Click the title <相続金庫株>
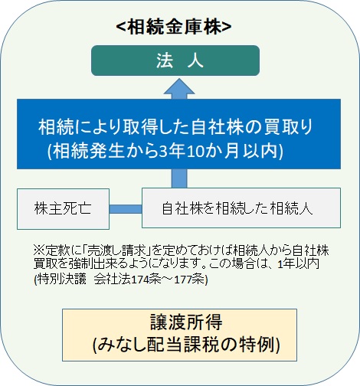point(174,27)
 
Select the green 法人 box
point(175,61)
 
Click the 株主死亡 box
point(63,209)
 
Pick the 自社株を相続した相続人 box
point(241,208)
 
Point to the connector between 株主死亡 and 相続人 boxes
point(126,209)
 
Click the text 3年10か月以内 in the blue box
point(221,151)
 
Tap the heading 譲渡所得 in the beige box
point(186,322)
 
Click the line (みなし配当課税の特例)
point(186,345)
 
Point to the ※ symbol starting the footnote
point(39,251)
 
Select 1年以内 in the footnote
point(299,264)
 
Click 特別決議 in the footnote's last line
point(62,280)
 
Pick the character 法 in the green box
point(165,61)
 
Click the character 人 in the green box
point(195,61)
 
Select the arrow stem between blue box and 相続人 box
point(179,178)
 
